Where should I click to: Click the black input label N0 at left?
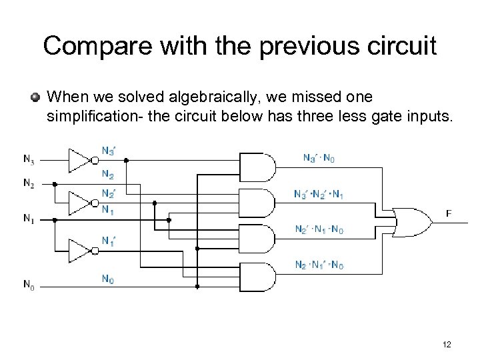coord(29,286)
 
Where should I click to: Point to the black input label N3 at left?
coord(29,159)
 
